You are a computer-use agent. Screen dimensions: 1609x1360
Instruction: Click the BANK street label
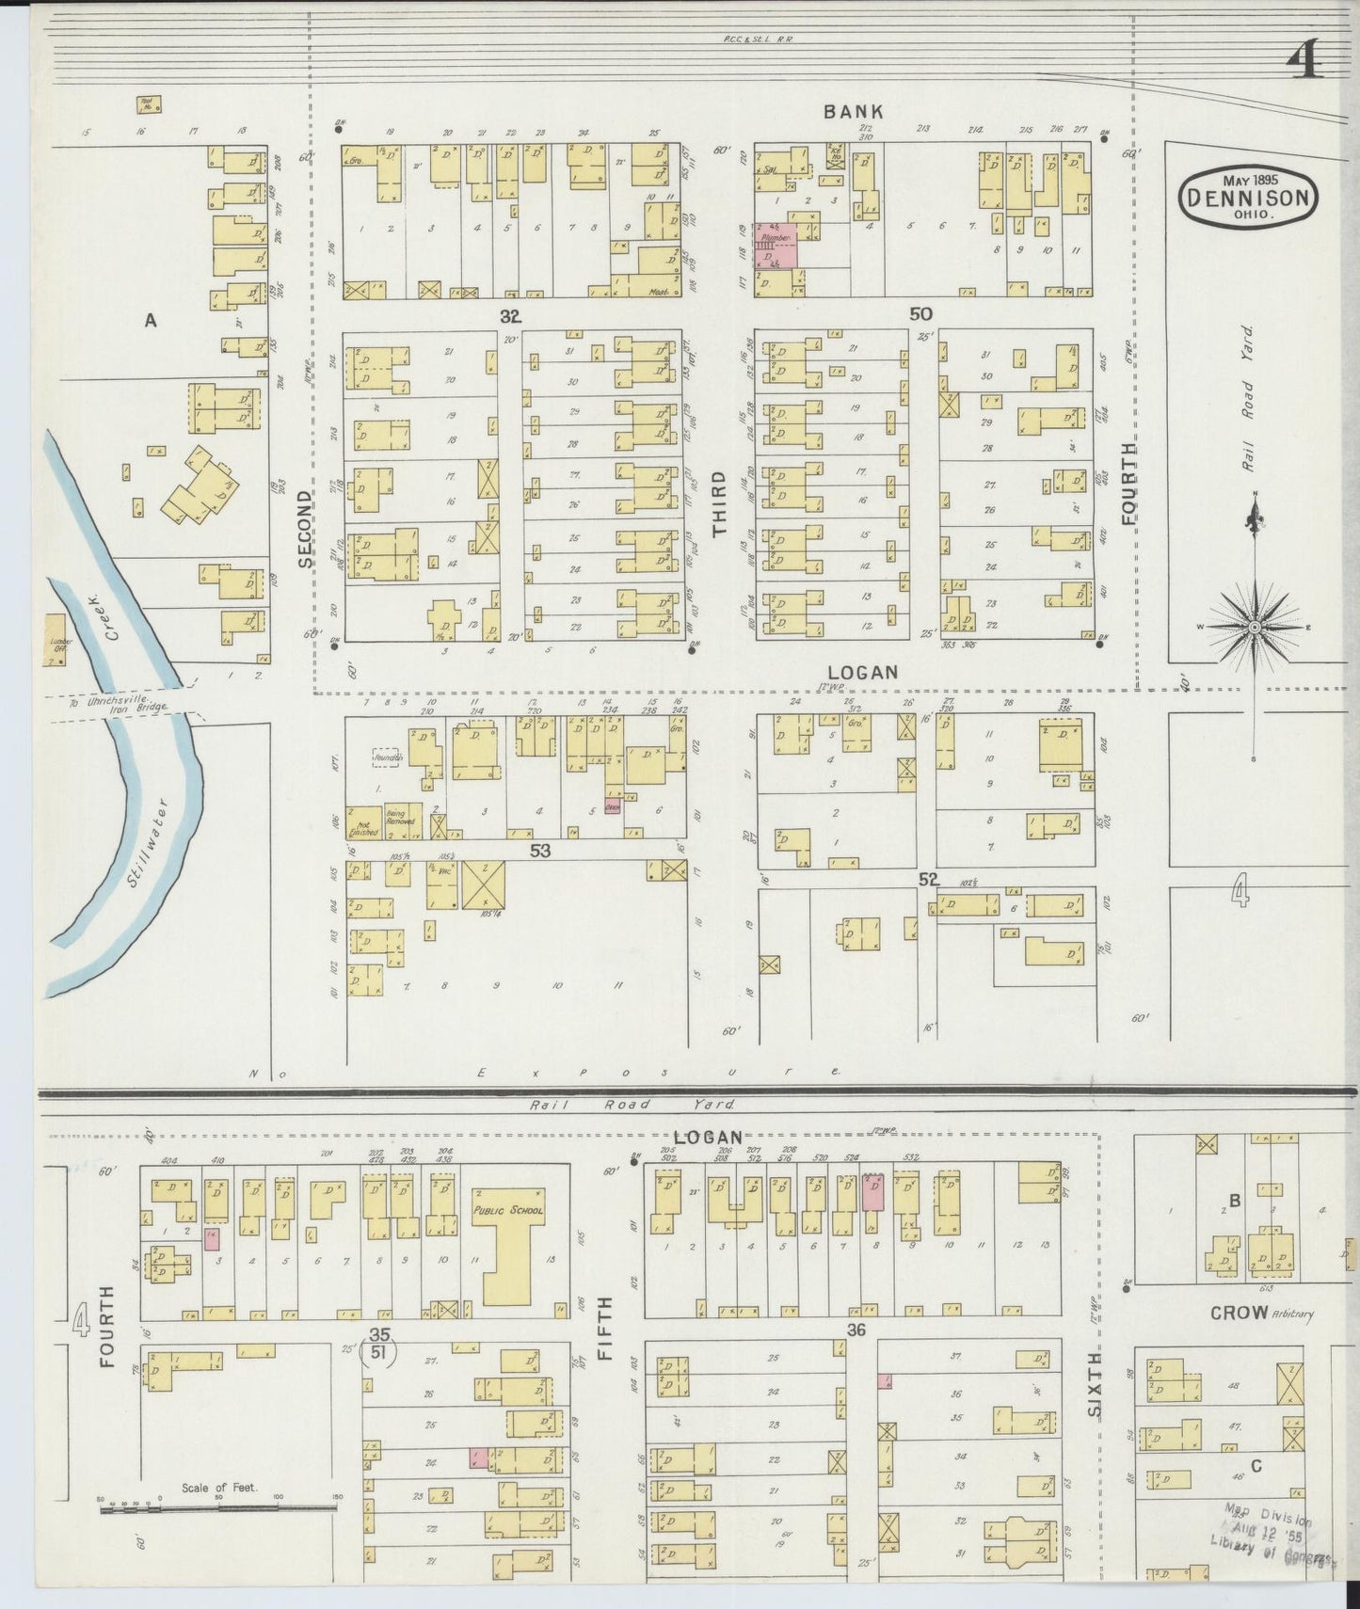pyautogui.click(x=853, y=111)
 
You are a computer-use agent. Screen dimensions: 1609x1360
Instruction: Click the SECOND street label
pyautogui.click(x=304, y=528)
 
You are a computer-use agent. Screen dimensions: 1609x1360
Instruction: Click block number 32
pyautogui.click(x=510, y=313)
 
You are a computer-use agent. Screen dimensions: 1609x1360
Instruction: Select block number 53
pyautogui.click(x=539, y=851)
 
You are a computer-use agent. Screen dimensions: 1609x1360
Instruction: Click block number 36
pyautogui.click(x=856, y=1330)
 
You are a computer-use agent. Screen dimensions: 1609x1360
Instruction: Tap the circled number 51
pyautogui.click(x=381, y=1352)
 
